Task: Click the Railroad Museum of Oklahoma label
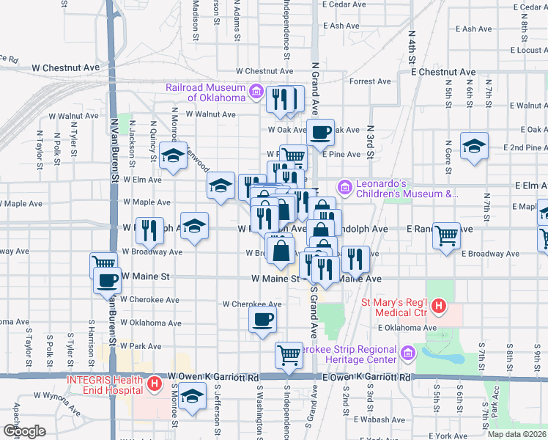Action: click(206, 92)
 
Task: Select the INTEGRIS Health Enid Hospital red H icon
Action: click(155, 383)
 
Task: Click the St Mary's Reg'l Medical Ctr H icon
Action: click(439, 306)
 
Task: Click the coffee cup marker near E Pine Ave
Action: click(319, 132)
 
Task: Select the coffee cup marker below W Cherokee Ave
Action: click(262, 319)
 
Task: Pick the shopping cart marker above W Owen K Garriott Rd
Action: click(289, 354)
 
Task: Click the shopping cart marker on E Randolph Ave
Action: click(447, 235)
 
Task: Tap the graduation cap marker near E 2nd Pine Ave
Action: click(474, 145)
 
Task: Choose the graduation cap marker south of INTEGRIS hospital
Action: click(191, 397)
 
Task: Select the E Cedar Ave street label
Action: click(343, 5)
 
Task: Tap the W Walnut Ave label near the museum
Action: click(210, 114)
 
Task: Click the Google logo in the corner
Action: click(24, 431)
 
